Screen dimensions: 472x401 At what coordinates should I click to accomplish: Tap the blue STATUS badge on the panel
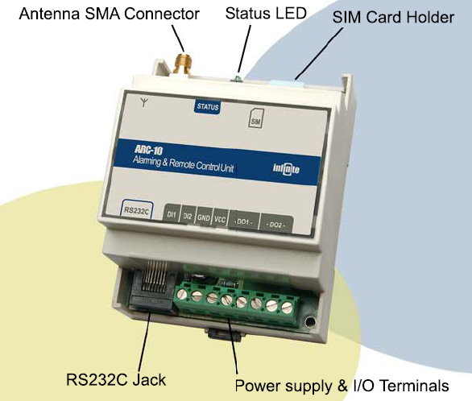[207, 107]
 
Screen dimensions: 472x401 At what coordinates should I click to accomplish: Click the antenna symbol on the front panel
[145, 101]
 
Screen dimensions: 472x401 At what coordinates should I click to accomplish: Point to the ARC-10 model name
[148, 150]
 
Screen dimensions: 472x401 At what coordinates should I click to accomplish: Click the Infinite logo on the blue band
[286, 169]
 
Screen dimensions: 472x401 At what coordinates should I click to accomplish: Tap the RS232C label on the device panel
[137, 210]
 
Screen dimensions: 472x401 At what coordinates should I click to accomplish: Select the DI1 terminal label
[172, 214]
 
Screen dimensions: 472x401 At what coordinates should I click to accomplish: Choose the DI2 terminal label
[188, 216]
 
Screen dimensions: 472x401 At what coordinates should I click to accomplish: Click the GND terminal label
[204, 217]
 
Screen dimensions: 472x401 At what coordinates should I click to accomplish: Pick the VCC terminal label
[221, 219]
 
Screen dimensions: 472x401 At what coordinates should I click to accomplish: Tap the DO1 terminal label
[244, 221]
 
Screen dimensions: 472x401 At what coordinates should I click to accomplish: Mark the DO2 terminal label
[276, 225]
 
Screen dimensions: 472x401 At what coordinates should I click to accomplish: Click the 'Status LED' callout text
[266, 13]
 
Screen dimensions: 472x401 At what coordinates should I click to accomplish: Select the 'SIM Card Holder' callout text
[393, 17]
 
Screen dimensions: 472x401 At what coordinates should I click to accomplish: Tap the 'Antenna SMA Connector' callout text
[109, 14]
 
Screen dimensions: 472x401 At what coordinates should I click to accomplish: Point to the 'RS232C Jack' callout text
[116, 379]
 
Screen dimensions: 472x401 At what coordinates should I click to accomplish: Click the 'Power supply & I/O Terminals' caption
[342, 386]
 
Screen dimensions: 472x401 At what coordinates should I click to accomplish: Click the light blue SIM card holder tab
[288, 83]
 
